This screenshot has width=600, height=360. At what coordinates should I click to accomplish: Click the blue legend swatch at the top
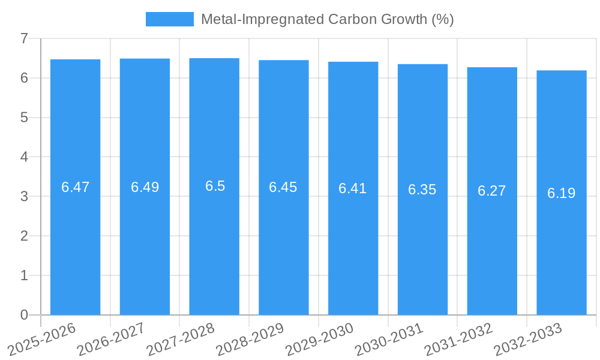(169, 19)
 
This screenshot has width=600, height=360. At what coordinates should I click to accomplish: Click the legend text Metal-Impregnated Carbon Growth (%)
(327, 19)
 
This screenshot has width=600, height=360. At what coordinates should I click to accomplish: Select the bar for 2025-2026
(75, 240)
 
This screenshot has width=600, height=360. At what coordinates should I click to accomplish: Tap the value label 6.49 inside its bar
(145, 187)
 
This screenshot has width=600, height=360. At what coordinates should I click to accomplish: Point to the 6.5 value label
(215, 186)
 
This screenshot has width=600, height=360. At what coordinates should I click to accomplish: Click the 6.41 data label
(353, 188)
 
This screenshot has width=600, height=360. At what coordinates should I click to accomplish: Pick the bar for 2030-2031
(422, 252)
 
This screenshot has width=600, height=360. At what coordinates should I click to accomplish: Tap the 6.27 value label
(492, 191)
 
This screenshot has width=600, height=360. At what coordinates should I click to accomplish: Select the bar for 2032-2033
(562, 252)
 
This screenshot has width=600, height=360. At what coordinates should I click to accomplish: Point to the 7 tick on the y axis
(24, 38)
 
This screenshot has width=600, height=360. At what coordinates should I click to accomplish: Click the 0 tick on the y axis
(24, 315)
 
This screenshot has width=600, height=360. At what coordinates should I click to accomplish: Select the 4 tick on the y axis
(24, 157)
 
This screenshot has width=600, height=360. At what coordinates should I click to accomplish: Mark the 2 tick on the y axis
(24, 236)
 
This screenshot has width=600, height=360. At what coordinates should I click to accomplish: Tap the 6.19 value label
(562, 193)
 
